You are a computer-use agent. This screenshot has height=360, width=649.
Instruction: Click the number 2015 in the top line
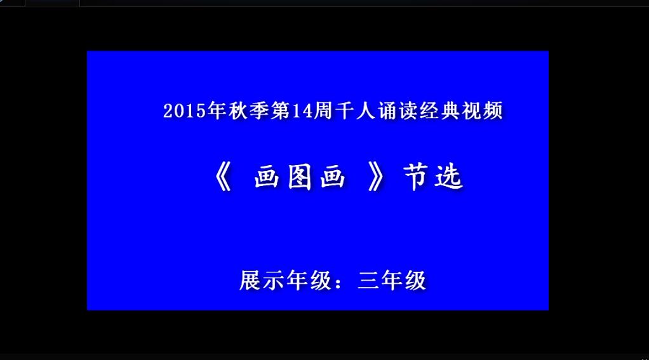coord(185,110)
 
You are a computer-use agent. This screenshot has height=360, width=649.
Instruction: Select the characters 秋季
coord(249,110)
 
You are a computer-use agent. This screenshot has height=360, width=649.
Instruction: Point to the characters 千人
coord(356,110)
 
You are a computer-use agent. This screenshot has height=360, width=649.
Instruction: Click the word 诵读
coord(398,110)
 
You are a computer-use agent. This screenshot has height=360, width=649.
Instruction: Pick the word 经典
coord(440,110)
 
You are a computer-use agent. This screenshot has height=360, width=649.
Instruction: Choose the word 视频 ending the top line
coord(482,110)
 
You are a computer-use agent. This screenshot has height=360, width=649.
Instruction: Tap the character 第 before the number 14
coord(281,110)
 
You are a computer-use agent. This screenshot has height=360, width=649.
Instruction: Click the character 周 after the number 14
coord(323,110)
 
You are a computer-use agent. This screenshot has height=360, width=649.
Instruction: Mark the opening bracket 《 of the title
coord(224,177)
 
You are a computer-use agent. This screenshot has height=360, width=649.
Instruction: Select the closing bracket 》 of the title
coord(376,177)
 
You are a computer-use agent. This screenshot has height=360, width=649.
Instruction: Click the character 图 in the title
coord(300,177)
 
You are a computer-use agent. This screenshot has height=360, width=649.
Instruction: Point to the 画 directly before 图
coord(266,177)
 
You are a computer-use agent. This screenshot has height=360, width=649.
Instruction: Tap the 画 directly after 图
coord(333,177)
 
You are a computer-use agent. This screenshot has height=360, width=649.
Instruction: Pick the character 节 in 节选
coord(416,177)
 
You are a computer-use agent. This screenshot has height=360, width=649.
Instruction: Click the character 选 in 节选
coord(449,177)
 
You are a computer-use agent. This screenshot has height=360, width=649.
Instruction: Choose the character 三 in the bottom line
coord(368,281)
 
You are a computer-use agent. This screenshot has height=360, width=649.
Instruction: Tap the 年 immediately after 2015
coord(217,110)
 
